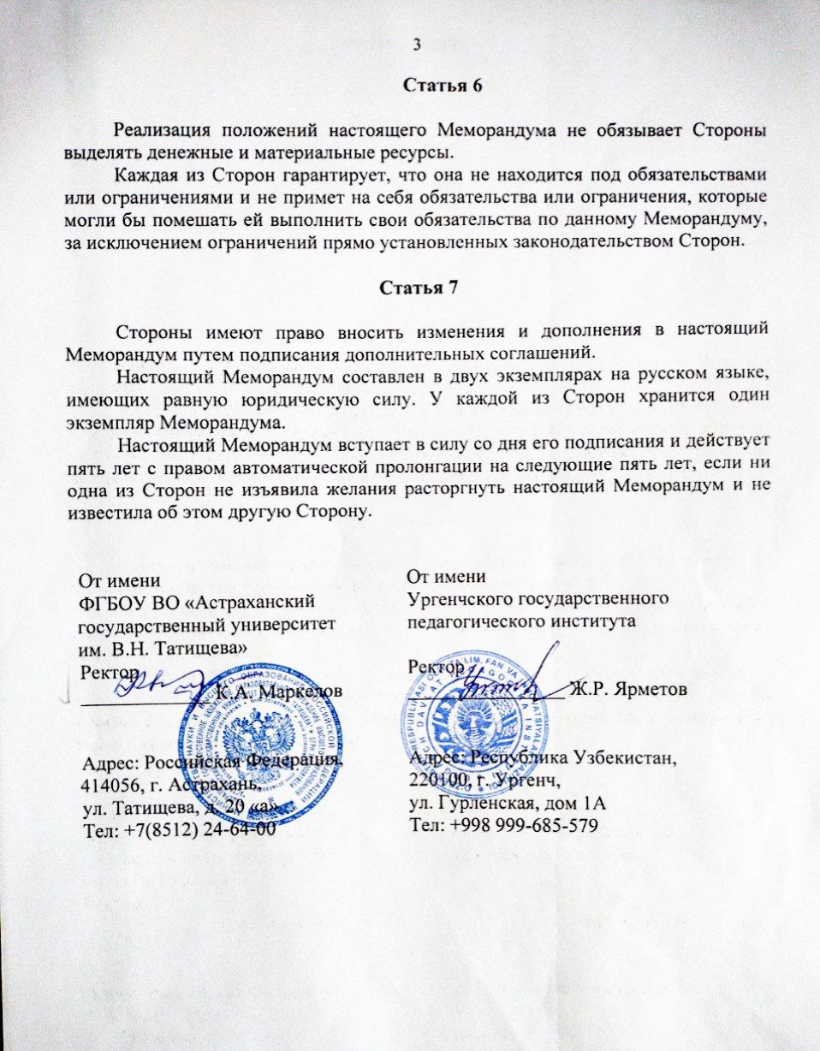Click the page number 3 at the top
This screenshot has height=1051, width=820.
tap(417, 45)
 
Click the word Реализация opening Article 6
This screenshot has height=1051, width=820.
tap(163, 132)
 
